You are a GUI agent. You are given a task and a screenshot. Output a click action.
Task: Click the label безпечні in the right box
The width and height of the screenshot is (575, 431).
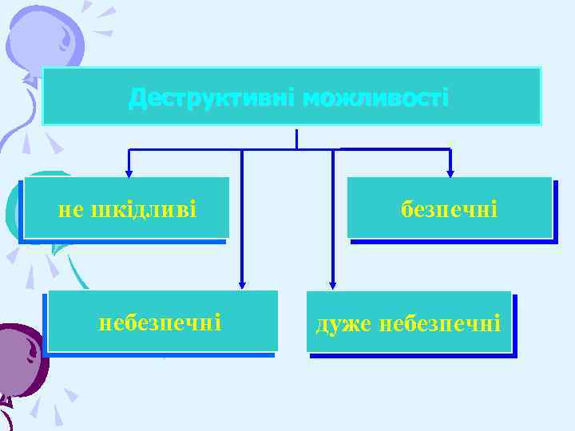coord(449,210)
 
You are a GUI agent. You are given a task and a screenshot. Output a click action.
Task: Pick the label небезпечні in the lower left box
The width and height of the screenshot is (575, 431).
coord(160,322)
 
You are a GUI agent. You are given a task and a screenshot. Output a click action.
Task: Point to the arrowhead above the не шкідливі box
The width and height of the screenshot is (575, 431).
coord(129,172)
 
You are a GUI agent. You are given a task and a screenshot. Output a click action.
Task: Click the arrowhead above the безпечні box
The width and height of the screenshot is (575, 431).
coord(450,172)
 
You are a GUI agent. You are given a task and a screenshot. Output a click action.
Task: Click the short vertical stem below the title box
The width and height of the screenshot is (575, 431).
coord(296,138)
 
